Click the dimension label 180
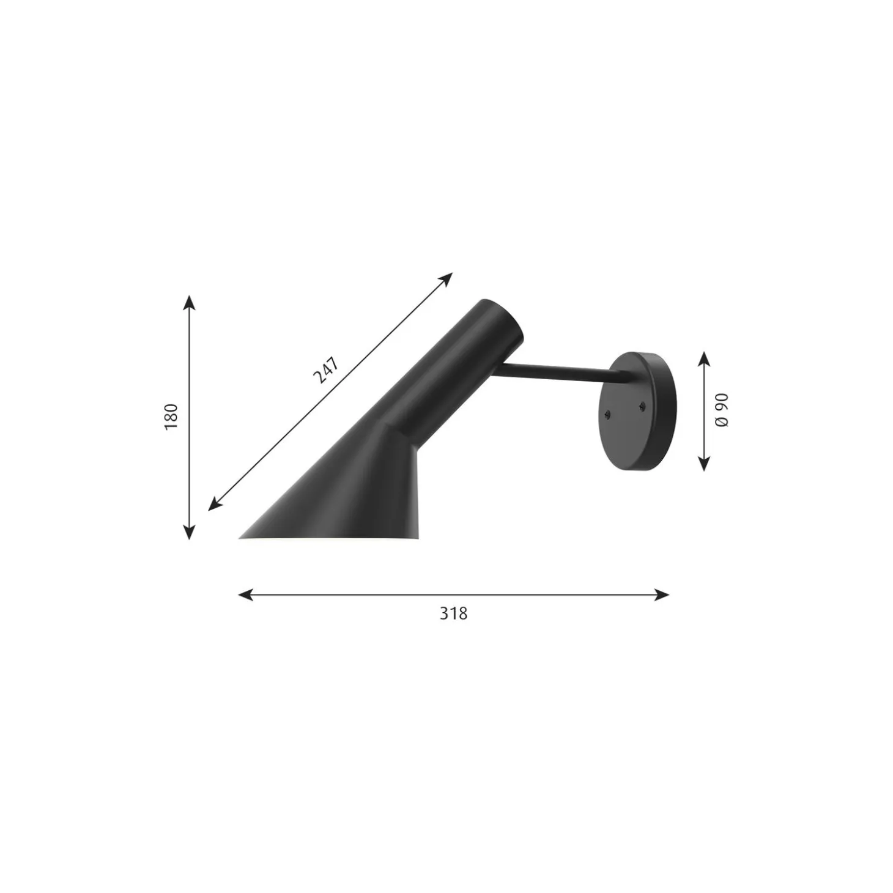coord(171,417)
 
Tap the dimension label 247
coord(326,371)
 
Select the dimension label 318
coord(453,613)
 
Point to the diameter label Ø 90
coord(722,410)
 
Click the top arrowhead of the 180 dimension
coord(190,302)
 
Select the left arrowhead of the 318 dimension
coord(245,595)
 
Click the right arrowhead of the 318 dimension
coord(661,595)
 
